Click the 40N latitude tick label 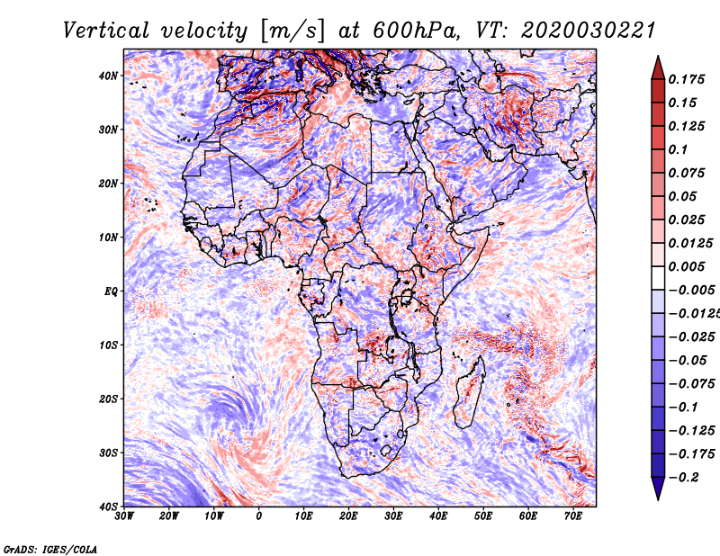[x=108, y=76]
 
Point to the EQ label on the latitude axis [x=110, y=291]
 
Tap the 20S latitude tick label [x=108, y=399]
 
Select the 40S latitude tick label [x=108, y=506]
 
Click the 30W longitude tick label [x=124, y=516]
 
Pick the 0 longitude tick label [x=259, y=516]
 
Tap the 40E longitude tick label [x=438, y=516]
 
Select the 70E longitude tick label [x=573, y=516]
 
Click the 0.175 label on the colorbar [x=684, y=79]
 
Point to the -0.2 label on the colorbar [x=681, y=478]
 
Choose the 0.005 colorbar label [x=684, y=267]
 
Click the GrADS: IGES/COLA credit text [x=49, y=548]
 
